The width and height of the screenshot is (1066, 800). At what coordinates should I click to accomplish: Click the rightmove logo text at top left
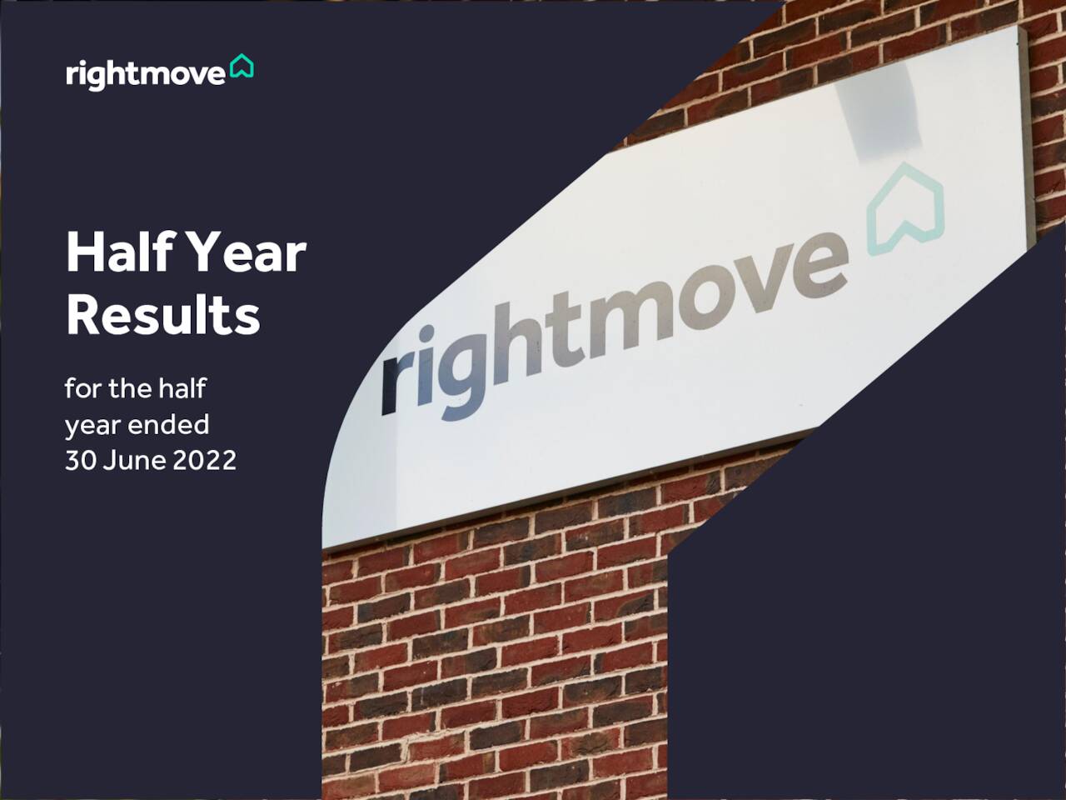(x=145, y=75)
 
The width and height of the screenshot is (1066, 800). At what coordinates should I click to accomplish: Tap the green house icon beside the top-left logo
(x=242, y=66)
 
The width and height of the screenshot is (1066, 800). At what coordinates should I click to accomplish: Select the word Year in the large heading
(x=246, y=253)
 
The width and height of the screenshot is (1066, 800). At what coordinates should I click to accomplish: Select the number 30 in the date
(x=81, y=460)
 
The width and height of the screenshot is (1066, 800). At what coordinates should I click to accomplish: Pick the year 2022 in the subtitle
(x=205, y=460)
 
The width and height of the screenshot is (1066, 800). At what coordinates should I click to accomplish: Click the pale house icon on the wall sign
(x=905, y=208)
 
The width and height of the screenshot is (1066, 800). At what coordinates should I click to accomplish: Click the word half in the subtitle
(x=182, y=388)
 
